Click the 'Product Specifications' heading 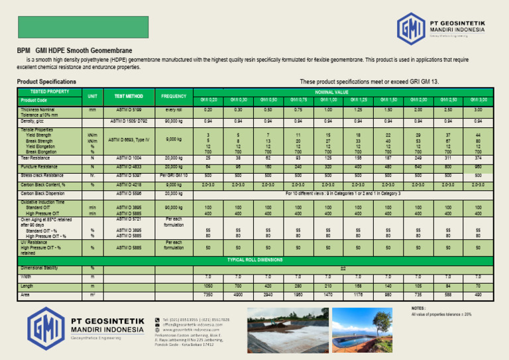pyautogui.click(x=46, y=82)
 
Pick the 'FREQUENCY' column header pyautogui.click(x=174, y=95)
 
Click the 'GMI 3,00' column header pyautogui.click(x=478, y=99)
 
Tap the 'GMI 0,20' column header pyautogui.click(x=208, y=99)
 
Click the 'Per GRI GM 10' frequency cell pyautogui.click(x=174, y=174)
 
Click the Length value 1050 pyautogui.click(x=208, y=284)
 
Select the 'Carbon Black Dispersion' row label pyautogui.click(x=44, y=193)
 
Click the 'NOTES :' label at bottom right pyautogui.click(x=418, y=308)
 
